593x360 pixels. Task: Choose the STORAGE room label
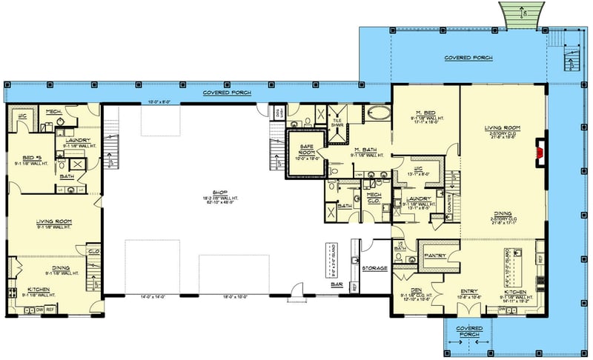click(374, 267)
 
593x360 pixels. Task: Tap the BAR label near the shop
click(336, 284)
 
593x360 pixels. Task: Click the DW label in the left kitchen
click(39, 309)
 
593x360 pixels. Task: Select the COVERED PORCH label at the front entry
click(469, 330)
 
